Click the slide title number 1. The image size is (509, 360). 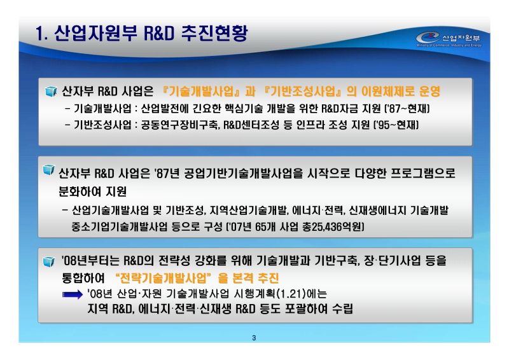pos(40,33)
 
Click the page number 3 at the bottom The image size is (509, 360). pos(254,337)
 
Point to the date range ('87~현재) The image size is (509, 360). pos(395,108)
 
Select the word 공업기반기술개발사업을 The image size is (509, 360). pos(243,172)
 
